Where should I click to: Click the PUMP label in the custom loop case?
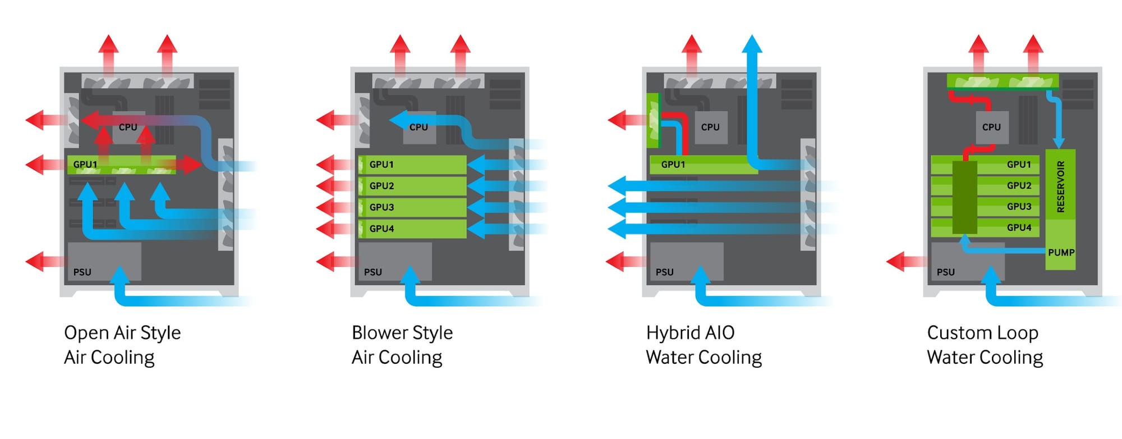click(1061, 253)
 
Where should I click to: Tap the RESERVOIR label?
click(1060, 186)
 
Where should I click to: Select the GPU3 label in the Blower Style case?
click(381, 207)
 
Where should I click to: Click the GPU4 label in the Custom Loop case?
click(1019, 227)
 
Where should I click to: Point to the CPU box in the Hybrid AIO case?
click(710, 127)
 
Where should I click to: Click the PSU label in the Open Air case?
click(82, 272)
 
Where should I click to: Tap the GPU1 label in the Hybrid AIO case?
click(673, 164)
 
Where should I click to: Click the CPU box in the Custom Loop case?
click(991, 127)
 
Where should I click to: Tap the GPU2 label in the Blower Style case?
click(381, 186)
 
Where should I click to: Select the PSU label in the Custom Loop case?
click(945, 272)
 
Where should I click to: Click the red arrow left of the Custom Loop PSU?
click(906, 262)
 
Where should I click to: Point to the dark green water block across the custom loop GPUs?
click(964, 198)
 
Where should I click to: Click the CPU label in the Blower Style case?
click(419, 127)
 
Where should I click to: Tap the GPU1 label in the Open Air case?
click(85, 164)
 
